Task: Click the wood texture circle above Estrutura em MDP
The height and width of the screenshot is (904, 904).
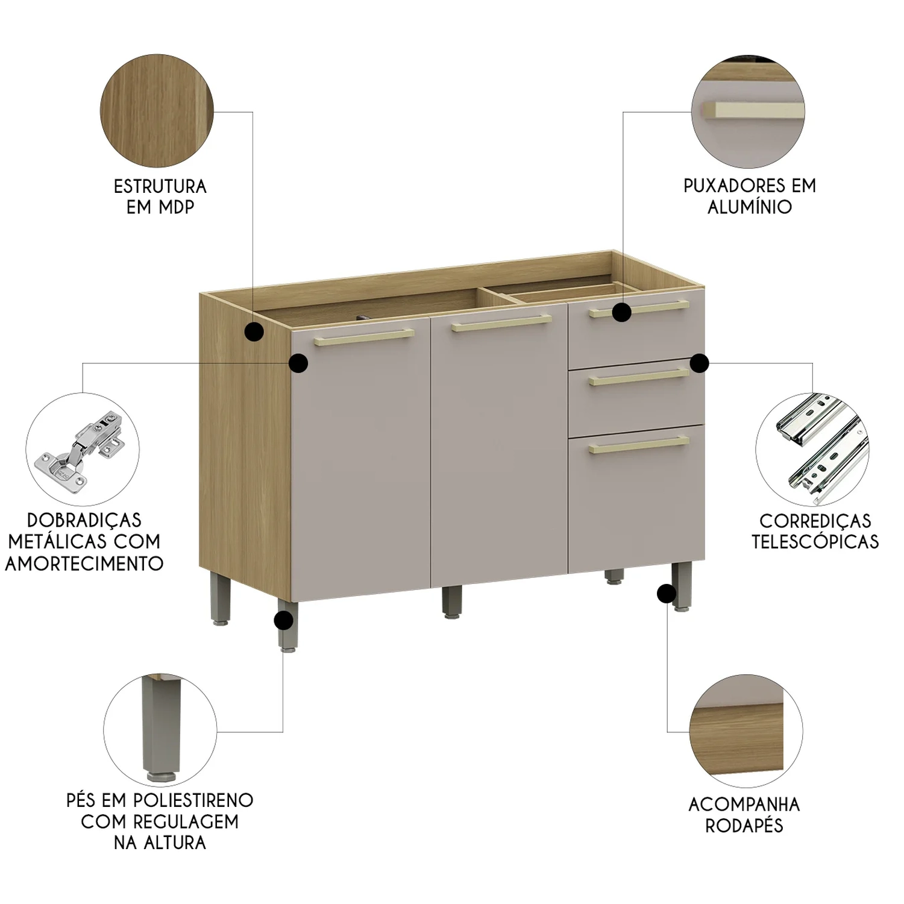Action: click(157, 111)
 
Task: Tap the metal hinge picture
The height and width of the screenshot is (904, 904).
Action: click(83, 449)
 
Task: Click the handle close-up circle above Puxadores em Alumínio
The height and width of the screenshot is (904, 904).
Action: click(747, 111)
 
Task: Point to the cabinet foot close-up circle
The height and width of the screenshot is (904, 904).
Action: click(159, 730)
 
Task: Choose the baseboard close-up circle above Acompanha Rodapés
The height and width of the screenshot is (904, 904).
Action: click(746, 730)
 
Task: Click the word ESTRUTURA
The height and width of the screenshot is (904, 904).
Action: click(160, 186)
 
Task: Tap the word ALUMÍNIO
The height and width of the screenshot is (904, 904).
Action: click(750, 207)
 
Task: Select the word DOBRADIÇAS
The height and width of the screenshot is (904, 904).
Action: click(84, 519)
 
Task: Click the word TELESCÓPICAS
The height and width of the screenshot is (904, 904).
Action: click(815, 541)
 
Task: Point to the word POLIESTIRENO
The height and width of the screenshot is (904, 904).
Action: click(193, 800)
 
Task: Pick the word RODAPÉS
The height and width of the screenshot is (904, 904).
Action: click(744, 825)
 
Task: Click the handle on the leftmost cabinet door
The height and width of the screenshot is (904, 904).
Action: click(364, 337)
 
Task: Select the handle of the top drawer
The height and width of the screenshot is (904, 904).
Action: click(639, 309)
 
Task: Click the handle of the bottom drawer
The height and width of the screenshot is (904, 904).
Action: click(639, 445)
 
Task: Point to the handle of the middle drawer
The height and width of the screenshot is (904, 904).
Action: click(639, 377)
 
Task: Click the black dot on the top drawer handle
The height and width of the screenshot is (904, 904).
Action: click(622, 312)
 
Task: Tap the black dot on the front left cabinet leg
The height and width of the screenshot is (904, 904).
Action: click(283, 620)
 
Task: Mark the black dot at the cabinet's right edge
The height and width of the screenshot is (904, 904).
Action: click(699, 363)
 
